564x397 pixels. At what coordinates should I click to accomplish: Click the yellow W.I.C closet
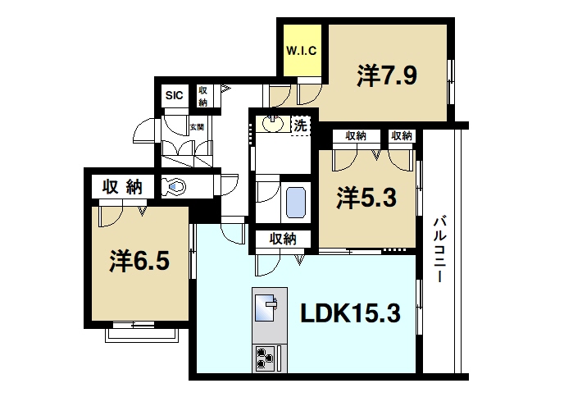coord(302,50)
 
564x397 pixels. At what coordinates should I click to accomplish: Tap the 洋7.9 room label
coord(388,76)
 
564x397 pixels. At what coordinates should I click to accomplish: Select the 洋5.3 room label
coord(368,197)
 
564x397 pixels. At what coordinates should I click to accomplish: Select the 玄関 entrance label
coord(196,127)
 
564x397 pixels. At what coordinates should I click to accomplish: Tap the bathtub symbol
coord(296,201)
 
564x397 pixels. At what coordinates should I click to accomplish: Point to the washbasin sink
coord(271,125)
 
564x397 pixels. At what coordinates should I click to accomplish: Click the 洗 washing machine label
coord(301,126)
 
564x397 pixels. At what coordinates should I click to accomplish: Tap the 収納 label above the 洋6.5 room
coord(122,186)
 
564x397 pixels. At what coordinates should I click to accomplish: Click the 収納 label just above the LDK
coord(282,239)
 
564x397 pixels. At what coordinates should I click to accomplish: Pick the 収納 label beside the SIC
coord(202,96)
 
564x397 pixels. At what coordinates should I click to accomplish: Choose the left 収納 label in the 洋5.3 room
coord(355,135)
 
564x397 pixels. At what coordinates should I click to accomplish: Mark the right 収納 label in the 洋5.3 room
coord(401,135)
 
